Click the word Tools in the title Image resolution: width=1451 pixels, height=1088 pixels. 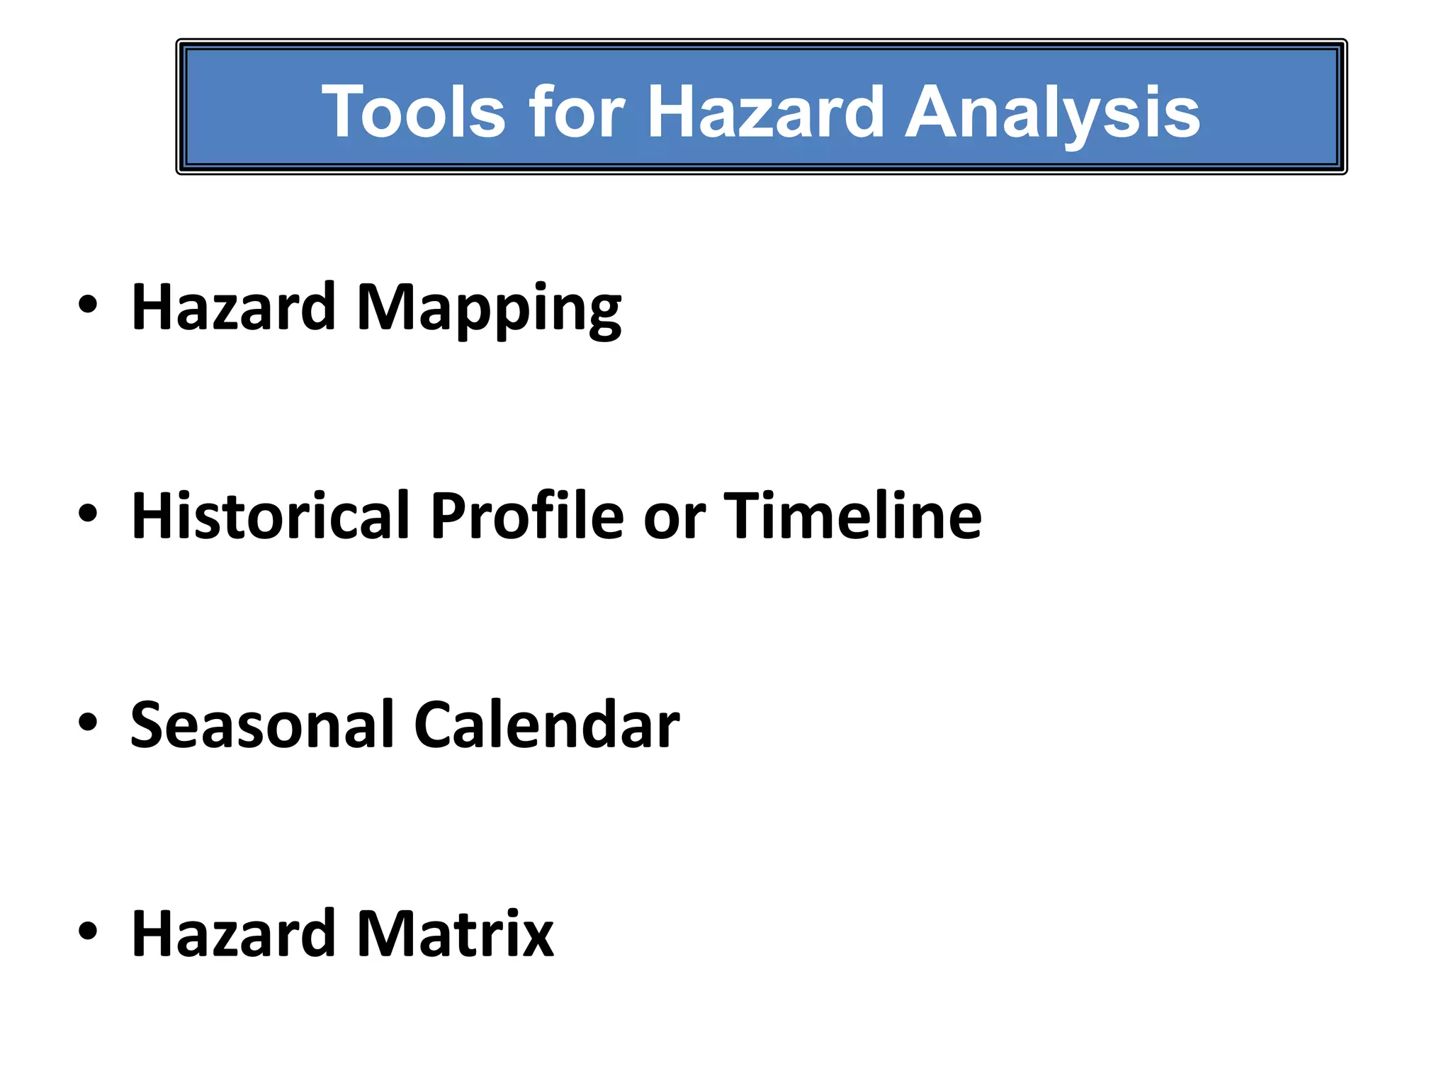coord(413,112)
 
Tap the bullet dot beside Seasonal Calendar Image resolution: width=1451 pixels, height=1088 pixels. coord(88,722)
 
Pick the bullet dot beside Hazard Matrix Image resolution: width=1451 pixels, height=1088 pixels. coord(88,931)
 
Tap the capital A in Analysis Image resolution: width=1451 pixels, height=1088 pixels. coord(936,112)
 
